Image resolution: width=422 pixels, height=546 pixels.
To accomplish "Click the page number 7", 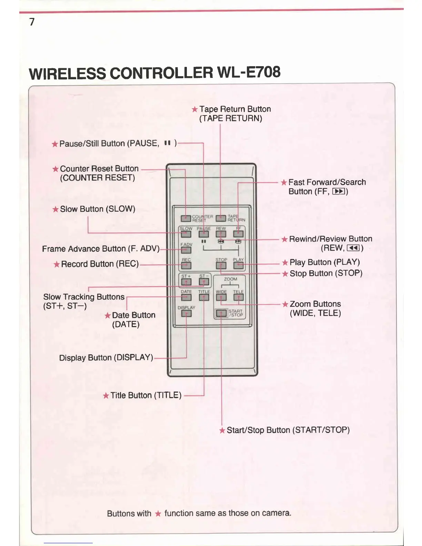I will [32, 22].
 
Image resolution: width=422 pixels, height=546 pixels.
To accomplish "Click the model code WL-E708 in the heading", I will [249, 72].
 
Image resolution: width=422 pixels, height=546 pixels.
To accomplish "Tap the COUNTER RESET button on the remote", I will [186, 218].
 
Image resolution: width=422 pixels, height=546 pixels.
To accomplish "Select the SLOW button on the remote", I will [186, 234].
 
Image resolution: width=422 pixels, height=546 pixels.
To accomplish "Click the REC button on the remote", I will [186, 265].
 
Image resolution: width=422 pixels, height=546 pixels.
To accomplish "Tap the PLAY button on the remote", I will [238, 265].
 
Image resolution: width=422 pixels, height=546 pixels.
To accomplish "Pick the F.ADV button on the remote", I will [186, 250].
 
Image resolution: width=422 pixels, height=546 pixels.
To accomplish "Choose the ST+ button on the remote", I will [186, 282].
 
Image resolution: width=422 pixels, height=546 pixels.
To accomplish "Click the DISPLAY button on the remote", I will [186, 313].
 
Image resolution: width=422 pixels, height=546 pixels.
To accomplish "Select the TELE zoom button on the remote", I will [238, 297].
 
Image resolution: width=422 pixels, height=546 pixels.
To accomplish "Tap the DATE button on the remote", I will [186, 297].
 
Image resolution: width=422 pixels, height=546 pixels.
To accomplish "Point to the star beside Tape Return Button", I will [195, 109].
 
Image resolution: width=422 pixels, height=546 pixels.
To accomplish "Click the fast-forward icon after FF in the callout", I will [339, 192].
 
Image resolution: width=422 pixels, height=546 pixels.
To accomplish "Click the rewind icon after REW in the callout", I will [353, 248].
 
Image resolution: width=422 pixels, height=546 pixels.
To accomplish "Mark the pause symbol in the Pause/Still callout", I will [168, 143].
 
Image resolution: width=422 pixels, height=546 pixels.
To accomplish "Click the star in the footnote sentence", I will [158, 514].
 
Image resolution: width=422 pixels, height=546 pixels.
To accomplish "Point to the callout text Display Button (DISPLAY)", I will [106, 357].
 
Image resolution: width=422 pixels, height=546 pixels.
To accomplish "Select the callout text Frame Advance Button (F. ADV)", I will [101, 249].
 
